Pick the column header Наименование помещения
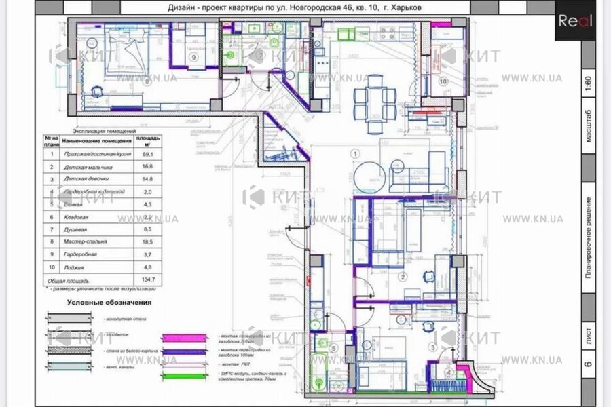96,140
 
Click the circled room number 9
194,58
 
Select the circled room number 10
443,81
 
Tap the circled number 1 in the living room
354,153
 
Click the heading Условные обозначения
108,303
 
